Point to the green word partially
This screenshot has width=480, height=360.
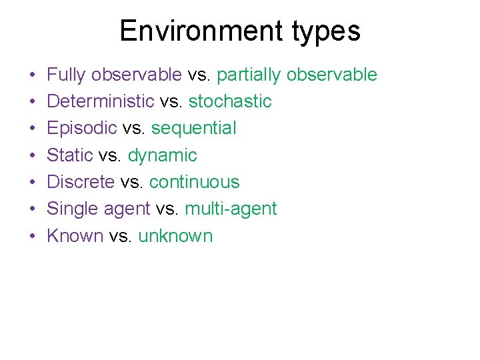point(249,75)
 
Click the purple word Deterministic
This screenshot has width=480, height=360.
point(101,102)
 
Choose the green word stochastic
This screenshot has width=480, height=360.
point(230,102)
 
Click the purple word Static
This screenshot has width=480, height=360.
point(70,156)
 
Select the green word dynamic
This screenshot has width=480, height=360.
point(162,156)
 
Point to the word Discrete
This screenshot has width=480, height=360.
point(81,182)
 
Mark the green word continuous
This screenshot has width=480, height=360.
point(194,182)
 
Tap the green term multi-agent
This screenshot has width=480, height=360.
point(230,209)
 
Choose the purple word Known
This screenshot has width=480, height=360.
point(75,236)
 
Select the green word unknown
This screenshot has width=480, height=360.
point(175,236)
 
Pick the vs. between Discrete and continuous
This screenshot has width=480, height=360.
point(133,182)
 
